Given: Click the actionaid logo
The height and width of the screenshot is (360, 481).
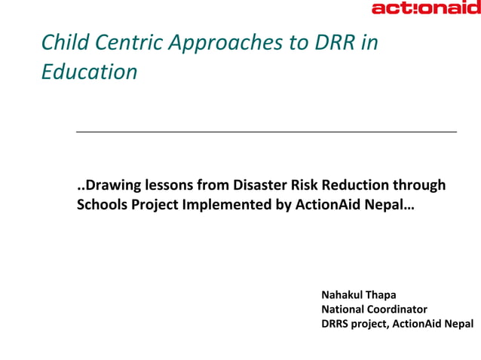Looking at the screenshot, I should [425, 8].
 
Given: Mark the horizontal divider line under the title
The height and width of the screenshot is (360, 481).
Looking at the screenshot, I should [266, 132].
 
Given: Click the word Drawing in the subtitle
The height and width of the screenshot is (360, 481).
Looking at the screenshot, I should [110, 185].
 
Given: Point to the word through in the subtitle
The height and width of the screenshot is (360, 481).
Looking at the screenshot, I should [420, 185].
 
